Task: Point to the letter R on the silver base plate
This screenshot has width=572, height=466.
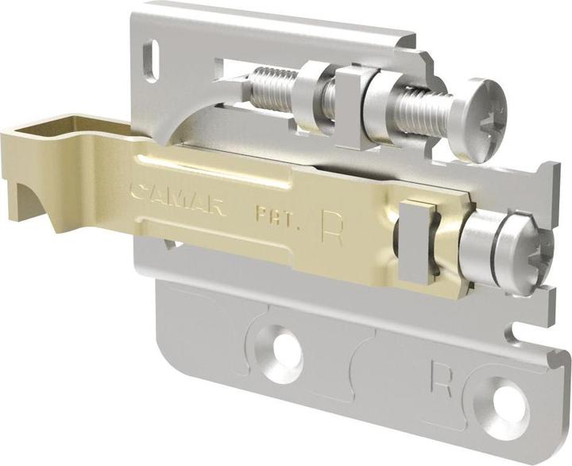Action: click(x=441, y=377)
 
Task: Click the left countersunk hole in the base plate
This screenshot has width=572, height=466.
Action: click(x=281, y=347)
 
